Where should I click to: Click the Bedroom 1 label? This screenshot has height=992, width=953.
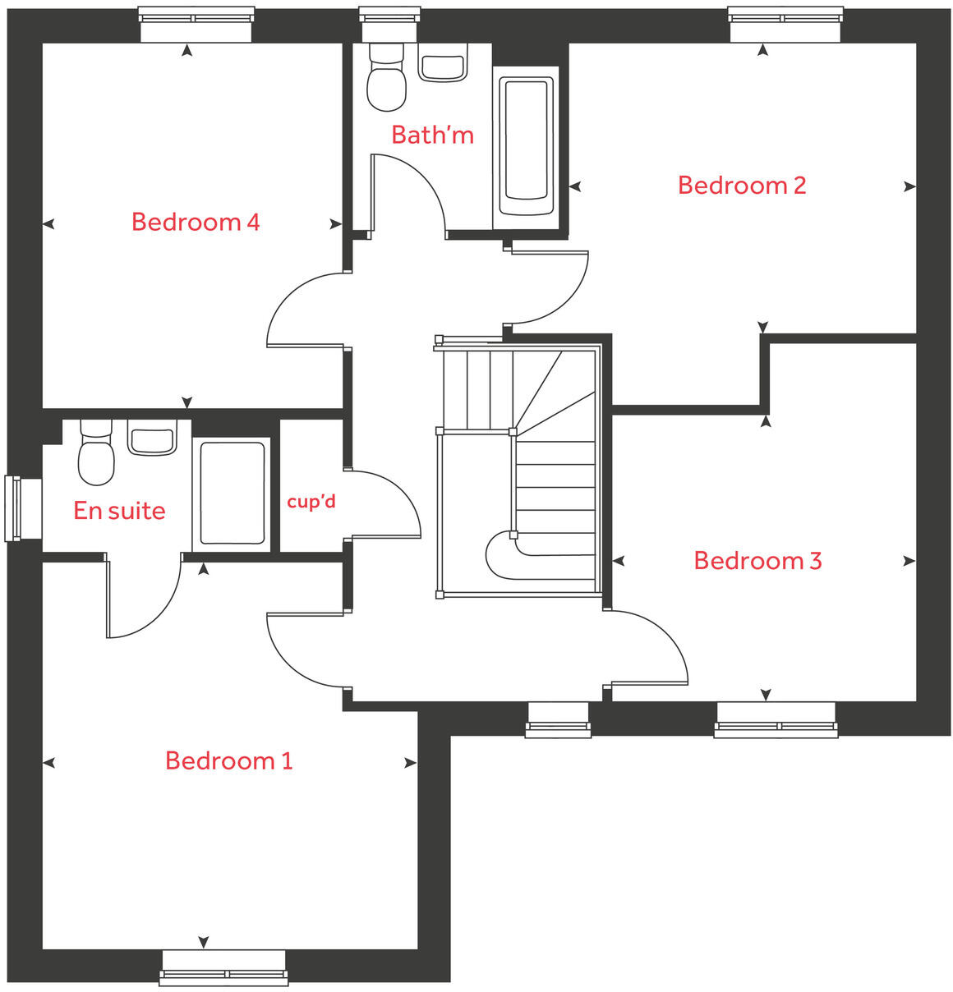coord(228,760)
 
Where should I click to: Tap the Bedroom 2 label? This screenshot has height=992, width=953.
coord(741,186)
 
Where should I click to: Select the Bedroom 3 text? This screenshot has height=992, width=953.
coord(757,561)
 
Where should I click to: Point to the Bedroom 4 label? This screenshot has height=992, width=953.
coord(196,222)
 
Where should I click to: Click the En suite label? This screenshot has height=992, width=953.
coord(119,511)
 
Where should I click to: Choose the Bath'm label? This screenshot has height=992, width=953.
coord(432,135)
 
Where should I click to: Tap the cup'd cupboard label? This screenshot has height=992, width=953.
coord(311,501)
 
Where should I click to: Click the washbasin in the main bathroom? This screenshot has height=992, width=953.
coord(443,62)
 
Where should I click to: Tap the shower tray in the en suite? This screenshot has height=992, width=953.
coord(232,493)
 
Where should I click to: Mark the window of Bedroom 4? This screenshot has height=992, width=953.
coord(196,25)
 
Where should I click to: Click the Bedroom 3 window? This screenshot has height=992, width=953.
coord(776,719)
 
